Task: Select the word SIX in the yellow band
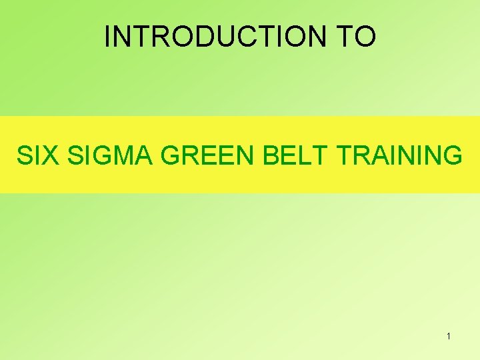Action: pyautogui.click(x=38, y=155)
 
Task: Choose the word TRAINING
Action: pyautogui.click(x=399, y=155)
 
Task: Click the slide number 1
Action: pyautogui.click(x=449, y=336)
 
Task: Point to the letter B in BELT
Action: pyautogui.click(x=272, y=155)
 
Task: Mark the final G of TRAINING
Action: pyautogui.click(x=452, y=155)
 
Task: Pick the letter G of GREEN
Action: pyautogui.click(x=172, y=155)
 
